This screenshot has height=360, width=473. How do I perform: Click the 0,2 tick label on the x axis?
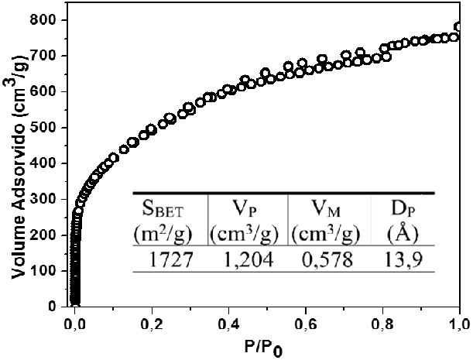point(153,323)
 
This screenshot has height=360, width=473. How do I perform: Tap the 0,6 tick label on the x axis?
point(307,323)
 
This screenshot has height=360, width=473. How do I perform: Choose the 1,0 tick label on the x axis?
point(460,323)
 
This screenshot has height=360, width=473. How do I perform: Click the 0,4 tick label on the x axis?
point(230,323)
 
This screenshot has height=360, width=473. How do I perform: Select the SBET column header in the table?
point(169,210)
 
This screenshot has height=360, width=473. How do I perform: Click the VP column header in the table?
point(247,210)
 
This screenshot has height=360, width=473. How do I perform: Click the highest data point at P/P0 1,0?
point(460,27)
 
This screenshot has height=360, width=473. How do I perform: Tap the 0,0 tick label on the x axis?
point(76,323)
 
